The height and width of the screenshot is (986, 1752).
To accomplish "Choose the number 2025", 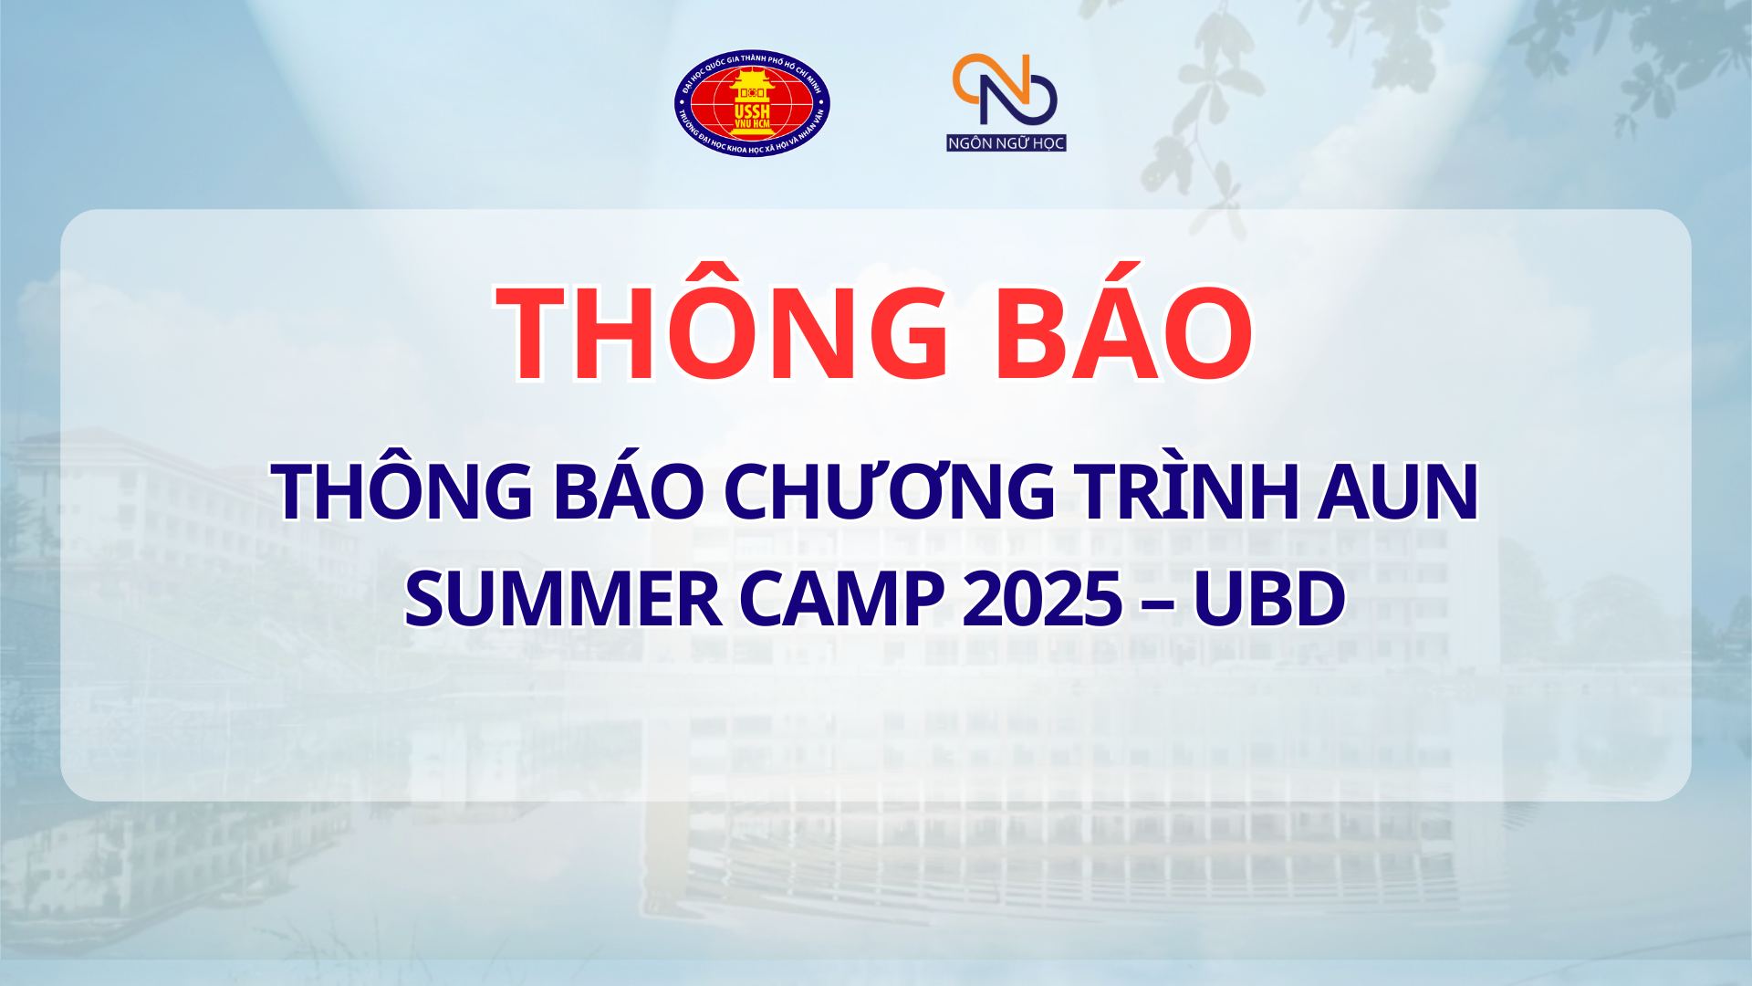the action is tap(1042, 599).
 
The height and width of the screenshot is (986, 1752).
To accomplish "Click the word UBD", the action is tap(1269, 599).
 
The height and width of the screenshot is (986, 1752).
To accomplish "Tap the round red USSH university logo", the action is tap(752, 103).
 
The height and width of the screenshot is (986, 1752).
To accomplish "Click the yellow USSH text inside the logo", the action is tap(752, 111).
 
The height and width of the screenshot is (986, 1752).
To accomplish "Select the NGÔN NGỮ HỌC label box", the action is tap(1006, 142).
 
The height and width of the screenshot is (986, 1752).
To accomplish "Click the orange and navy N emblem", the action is tap(1005, 89).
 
